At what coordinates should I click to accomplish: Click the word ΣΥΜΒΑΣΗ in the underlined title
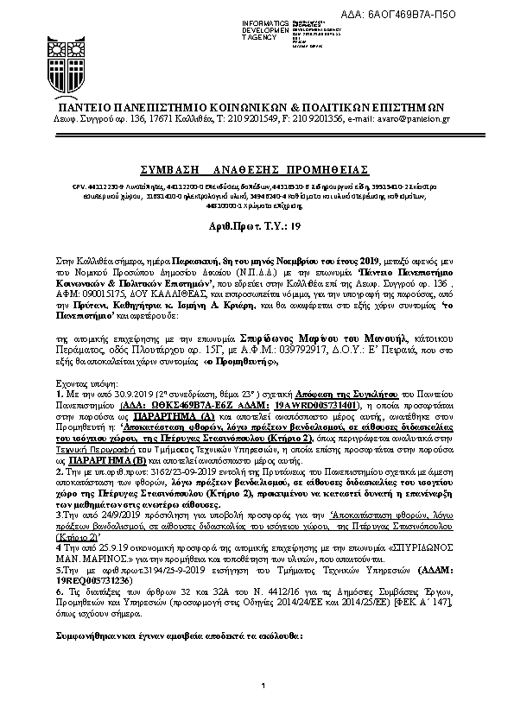(168, 167)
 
